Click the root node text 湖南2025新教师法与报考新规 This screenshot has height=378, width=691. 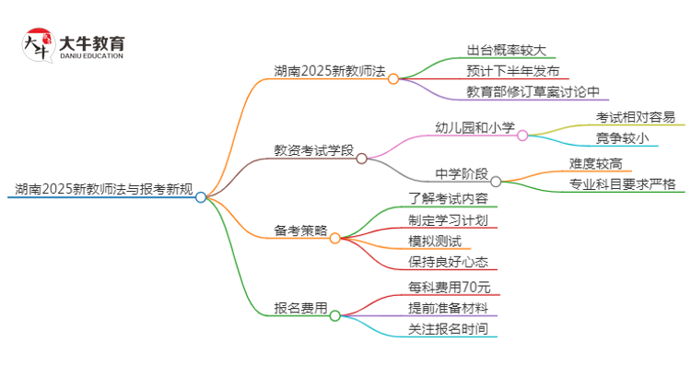pyautogui.click(x=103, y=191)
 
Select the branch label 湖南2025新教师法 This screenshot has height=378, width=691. pyautogui.click(x=329, y=71)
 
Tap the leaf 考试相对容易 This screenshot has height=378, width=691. pyautogui.click(x=635, y=118)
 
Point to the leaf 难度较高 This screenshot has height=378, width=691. pyautogui.click(x=593, y=164)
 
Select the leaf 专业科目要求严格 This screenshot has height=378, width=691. pyautogui.click(x=622, y=184)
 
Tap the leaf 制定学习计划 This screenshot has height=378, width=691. pyautogui.click(x=448, y=220)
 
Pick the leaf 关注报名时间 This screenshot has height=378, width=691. pyautogui.click(x=448, y=328)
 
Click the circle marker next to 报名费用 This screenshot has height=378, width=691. pyautogui.click(x=335, y=315)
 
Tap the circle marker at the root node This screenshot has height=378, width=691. pyautogui.click(x=201, y=196)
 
